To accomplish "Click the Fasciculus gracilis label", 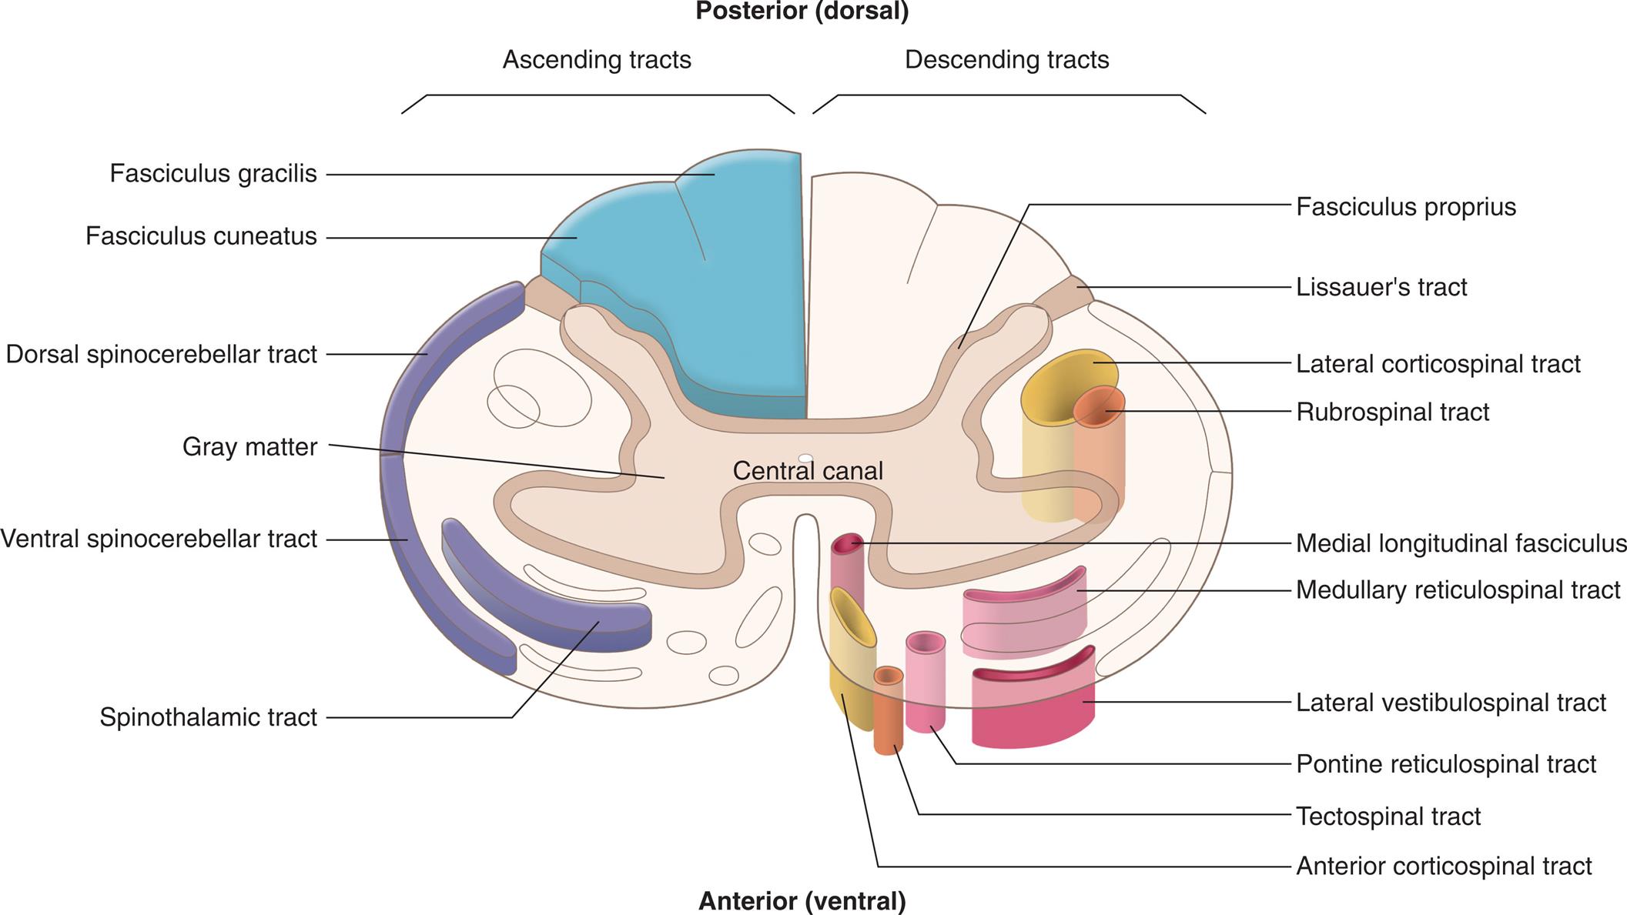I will (x=213, y=174).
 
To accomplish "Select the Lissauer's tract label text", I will (x=1381, y=287).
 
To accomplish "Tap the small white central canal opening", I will (x=805, y=458).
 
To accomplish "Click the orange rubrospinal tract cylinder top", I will (x=1100, y=408).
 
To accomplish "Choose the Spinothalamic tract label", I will (x=208, y=717).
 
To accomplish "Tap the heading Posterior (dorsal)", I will (x=802, y=12).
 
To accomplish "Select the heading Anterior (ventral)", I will (x=802, y=900).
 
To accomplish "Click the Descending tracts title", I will (x=1006, y=60).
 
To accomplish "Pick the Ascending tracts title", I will (x=597, y=60).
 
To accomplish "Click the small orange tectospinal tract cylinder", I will (x=888, y=712).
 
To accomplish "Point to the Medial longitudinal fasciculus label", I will (x=1461, y=543).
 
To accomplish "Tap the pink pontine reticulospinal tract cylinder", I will (x=926, y=681).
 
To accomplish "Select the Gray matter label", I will (x=249, y=447).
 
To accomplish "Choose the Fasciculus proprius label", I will (x=1405, y=207).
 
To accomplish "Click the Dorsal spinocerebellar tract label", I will (x=161, y=355).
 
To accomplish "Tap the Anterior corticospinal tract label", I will (x=1443, y=867).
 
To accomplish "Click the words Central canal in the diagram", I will (x=807, y=471).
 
